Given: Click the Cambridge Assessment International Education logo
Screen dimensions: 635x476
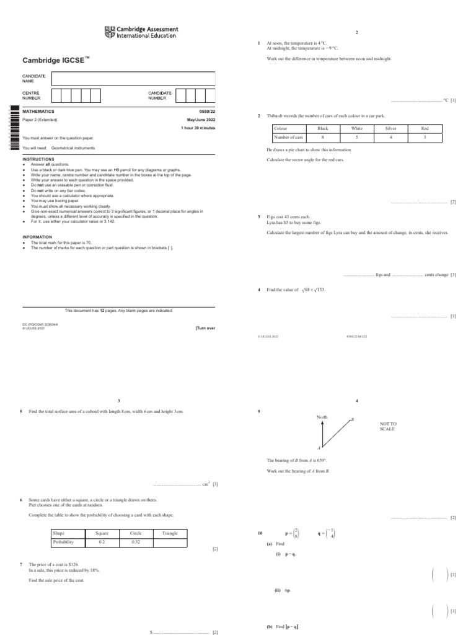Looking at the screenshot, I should [x=141, y=32].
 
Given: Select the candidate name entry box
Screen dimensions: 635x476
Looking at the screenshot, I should [x=133, y=78].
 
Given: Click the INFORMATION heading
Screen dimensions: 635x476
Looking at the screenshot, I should [x=37, y=237].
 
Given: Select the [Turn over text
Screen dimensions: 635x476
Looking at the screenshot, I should [x=205, y=328].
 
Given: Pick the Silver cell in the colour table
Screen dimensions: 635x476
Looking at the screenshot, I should [x=390, y=128].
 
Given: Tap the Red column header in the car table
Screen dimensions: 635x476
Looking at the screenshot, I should [x=425, y=128].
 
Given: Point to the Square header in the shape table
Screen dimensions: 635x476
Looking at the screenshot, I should [x=102, y=533].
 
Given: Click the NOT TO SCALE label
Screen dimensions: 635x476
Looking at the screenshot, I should [x=388, y=427].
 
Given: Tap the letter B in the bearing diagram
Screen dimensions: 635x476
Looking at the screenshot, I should [x=352, y=420].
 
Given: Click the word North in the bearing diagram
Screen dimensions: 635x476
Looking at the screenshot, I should [x=322, y=417].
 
